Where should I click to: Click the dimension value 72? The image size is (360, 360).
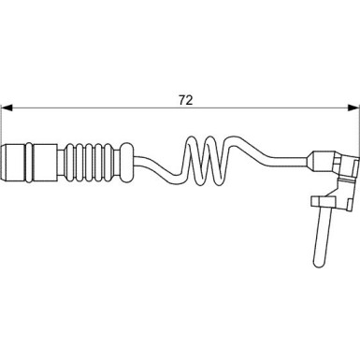point(186,100)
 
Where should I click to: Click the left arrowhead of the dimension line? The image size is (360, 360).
point(7,108)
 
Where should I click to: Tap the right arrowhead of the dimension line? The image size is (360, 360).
point(353,108)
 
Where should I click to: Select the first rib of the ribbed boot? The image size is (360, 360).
point(70,162)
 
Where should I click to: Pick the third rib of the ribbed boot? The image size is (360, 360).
point(89,162)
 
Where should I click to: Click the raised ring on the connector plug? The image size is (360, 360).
point(29,162)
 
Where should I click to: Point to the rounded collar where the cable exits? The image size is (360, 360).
point(127,162)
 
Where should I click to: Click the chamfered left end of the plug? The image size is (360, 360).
point(5,162)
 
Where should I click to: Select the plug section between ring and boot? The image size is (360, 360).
point(45,162)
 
